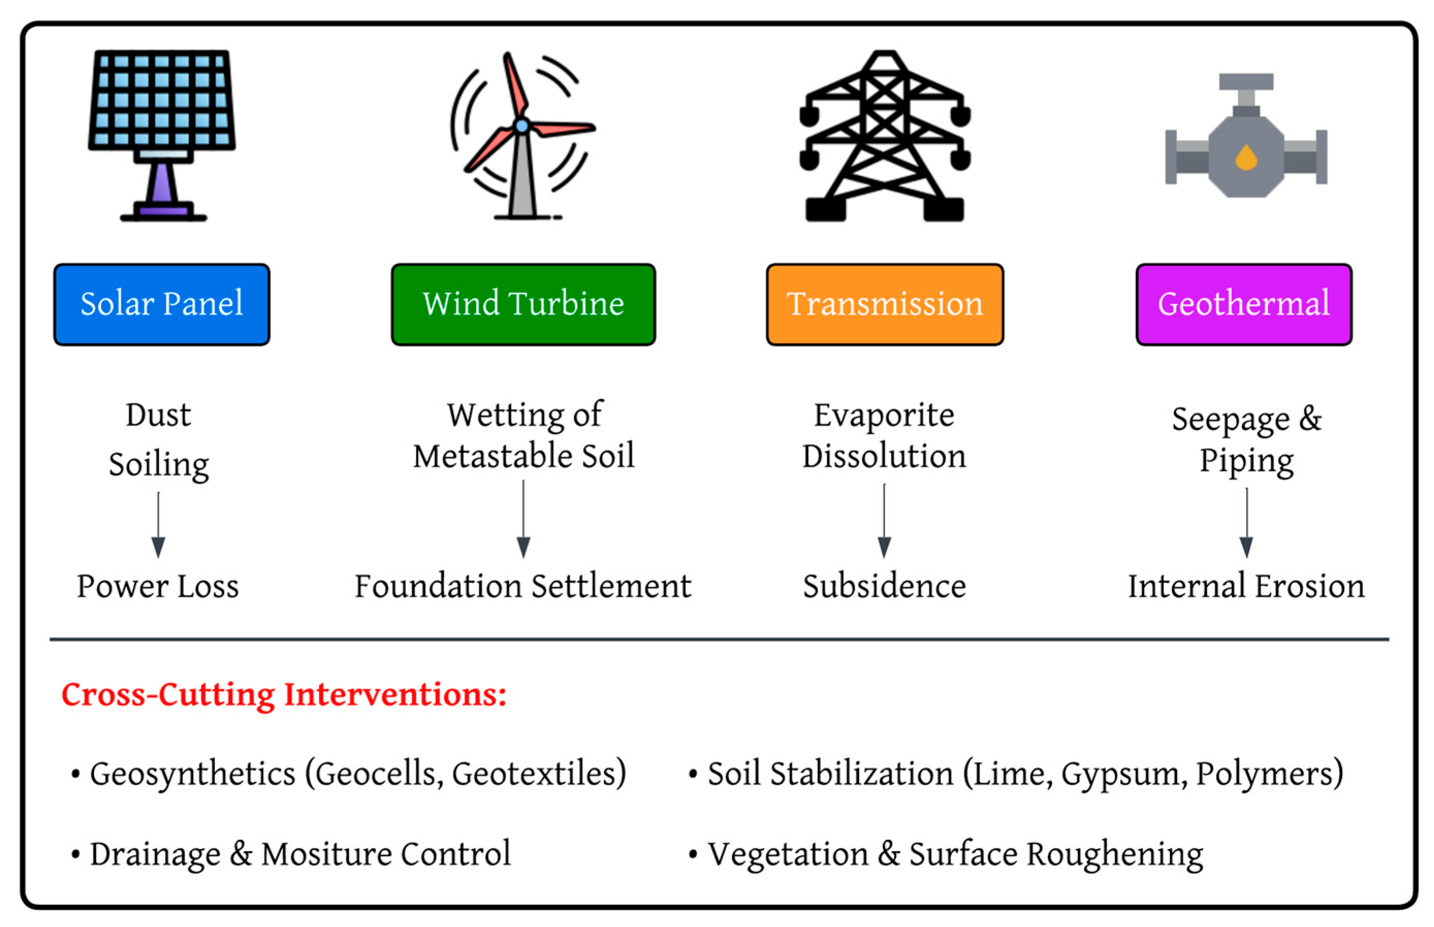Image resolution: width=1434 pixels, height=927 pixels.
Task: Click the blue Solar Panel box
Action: coord(162,304)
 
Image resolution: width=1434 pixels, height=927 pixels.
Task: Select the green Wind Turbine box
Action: coord(523,304)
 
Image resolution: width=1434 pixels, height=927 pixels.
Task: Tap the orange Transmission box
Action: coord(884,304)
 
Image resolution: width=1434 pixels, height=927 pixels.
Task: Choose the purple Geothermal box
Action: coord(1243,304)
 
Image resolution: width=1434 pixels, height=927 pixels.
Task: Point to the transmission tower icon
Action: coord(884,136)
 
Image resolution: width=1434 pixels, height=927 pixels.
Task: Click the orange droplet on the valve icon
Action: coord(1246,157)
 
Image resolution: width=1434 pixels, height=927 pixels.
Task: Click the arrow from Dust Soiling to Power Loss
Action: coord(158,524)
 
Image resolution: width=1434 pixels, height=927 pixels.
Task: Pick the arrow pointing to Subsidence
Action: coord(884,521)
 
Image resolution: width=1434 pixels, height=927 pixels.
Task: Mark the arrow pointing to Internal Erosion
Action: coord(1246,523)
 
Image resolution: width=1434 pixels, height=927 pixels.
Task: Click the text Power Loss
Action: coord(158,586)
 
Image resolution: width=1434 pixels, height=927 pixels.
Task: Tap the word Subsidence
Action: coord(884,586)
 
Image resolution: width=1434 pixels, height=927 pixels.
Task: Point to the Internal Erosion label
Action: coord(1246,586)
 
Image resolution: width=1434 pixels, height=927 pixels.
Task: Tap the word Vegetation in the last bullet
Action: coord(787,854)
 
